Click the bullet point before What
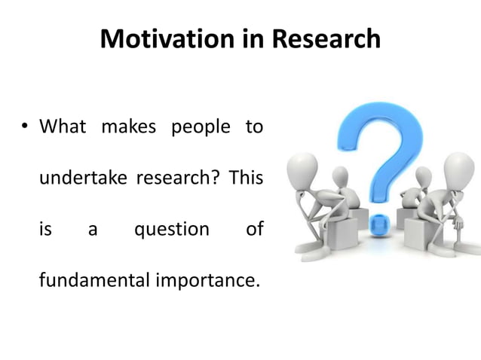pos(24,127)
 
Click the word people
pos(200,127)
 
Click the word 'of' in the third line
pos(254,229)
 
